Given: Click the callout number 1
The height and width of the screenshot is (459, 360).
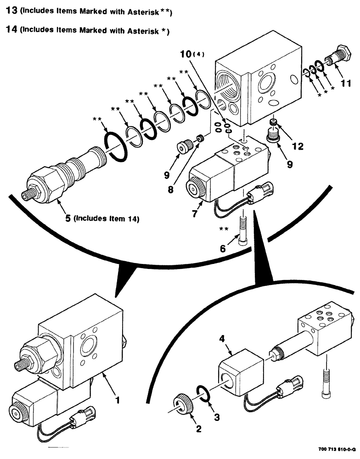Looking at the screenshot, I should coord(118,400).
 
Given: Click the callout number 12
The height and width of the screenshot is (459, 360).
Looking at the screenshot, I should coord(298,146).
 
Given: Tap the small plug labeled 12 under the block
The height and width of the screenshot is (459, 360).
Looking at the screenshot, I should coord(274,123).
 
